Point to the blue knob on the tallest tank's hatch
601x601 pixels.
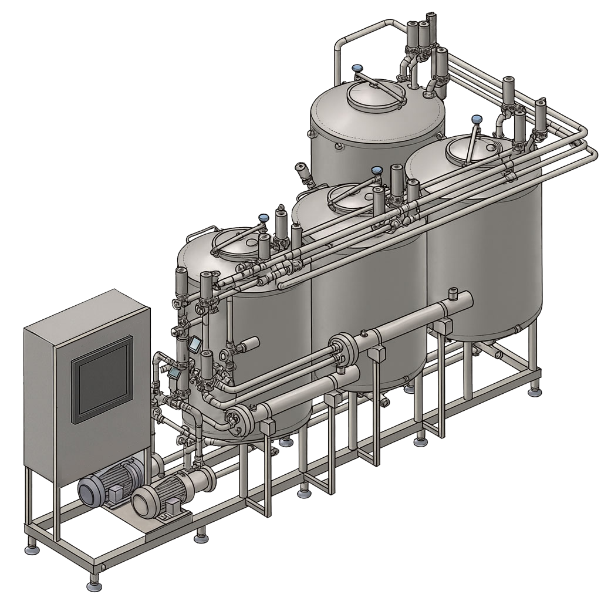pos(356,69)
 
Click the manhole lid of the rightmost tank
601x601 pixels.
pos(473,149)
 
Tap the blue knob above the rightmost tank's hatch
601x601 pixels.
pos(477,119)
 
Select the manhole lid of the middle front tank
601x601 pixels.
pos(352,196)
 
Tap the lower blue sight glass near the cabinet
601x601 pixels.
pos(174,372)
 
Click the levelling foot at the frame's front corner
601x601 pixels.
pos(94,585)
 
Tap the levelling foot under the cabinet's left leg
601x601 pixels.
pos(31,549)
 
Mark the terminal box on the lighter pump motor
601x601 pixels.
pos(173,506)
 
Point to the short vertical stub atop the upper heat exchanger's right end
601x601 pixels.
pos(453,292)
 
